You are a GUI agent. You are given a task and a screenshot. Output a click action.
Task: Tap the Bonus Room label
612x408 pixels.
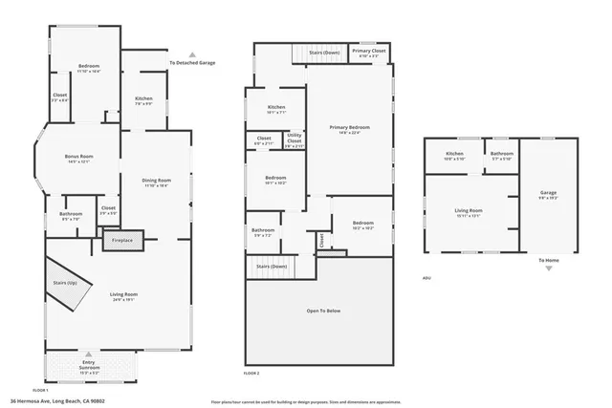click(x=78, y=159)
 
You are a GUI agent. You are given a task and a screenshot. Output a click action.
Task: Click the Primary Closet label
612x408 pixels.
click(x=369, y=52)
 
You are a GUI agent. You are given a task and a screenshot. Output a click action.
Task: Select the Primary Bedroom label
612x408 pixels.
click(x=349, y=129)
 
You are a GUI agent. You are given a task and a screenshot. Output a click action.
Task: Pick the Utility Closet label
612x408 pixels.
click(x=295, y=140)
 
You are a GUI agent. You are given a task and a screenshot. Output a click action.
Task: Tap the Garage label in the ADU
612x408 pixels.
click(x=547, y=195)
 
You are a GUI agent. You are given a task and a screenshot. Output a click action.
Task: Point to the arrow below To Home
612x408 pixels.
click(x=548, y=268)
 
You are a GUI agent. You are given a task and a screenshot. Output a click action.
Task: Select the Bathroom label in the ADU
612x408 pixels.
click(x=502, y=155)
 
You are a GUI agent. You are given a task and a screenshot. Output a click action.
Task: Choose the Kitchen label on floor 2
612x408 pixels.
click(x=276, y=109)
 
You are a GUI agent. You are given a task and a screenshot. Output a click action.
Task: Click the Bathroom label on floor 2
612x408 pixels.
click(x=263, y=230)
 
